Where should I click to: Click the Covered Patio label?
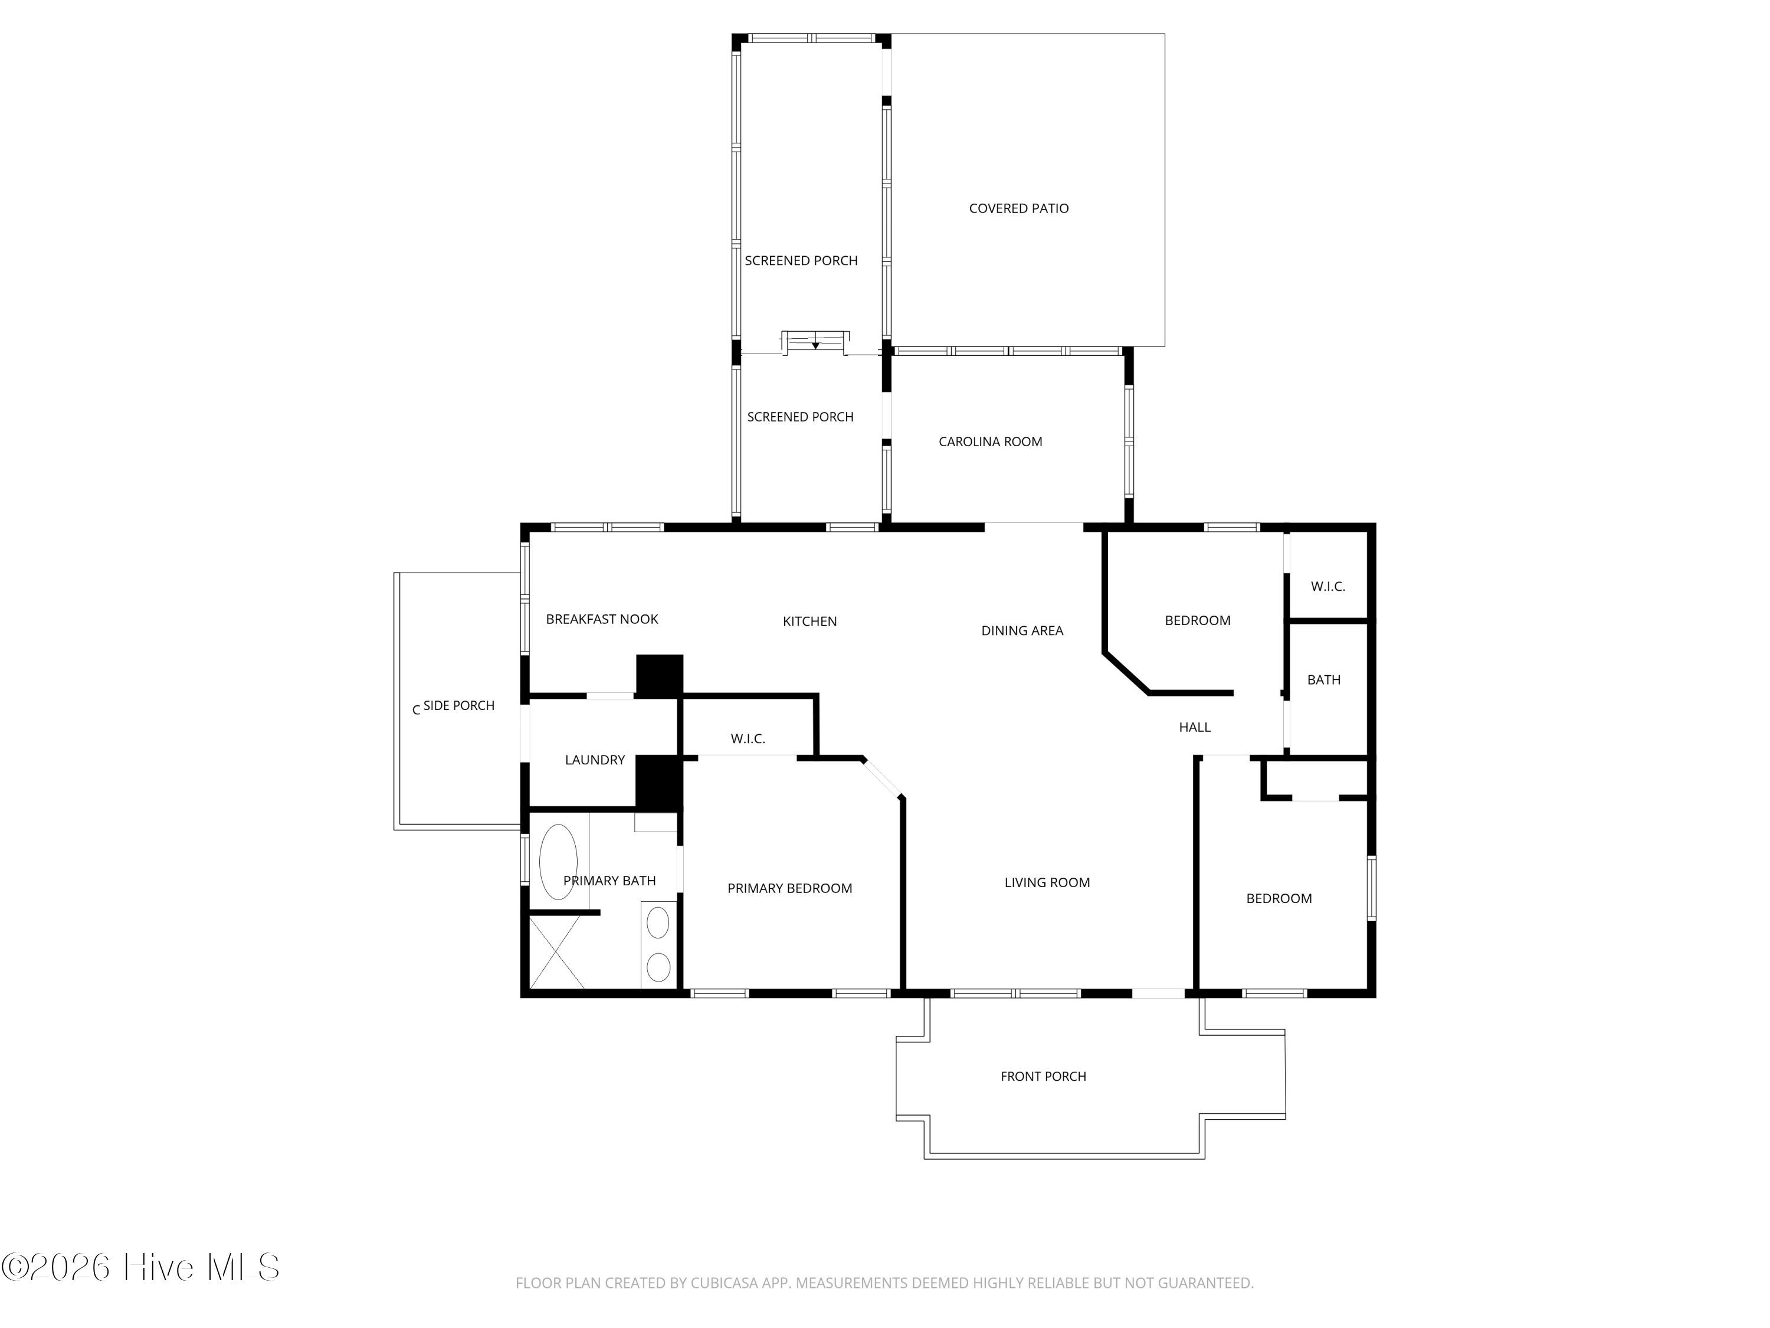click(1018, 208)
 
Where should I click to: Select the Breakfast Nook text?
click(602, 619)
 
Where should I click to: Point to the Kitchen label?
click(810, 621)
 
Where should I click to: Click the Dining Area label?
click(1022, 631)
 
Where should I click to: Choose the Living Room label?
click(1047, 882)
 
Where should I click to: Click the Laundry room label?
click(595, 760)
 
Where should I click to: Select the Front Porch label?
click(1044, 1077)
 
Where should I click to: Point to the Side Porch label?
click(458, 705)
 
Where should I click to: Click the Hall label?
click(1195, 727)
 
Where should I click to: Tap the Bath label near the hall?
click(1323, 679)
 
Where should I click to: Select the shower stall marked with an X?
click(556, 952)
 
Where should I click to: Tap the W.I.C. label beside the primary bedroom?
click(748, 739)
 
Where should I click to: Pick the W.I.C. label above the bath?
click(1327, 586)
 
